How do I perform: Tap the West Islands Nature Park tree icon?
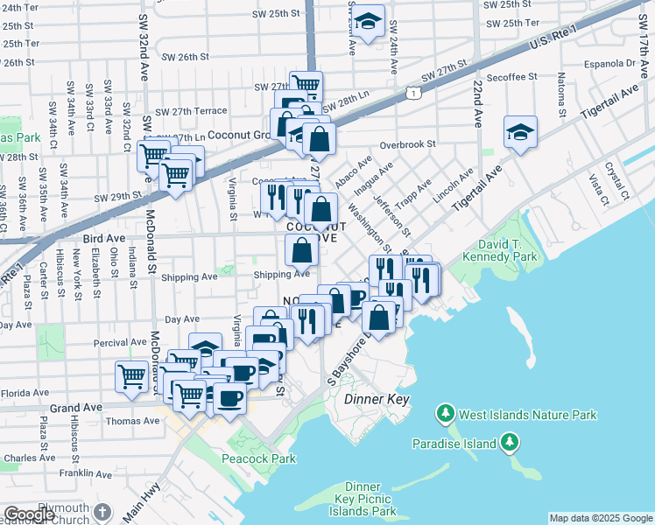(446, 413)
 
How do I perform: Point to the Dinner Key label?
(371, 398)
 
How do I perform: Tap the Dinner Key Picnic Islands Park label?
(363, 499)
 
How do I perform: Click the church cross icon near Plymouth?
(102, 511)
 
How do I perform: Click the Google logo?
(29, 514)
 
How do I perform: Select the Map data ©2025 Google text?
(601, 519)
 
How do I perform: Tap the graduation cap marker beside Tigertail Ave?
(521, 132)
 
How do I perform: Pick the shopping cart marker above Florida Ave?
(131, 376)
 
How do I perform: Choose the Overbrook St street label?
(407, 144)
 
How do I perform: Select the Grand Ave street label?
(77, 408)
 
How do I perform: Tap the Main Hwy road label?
(143, 502)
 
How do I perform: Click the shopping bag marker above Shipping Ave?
(301, 251)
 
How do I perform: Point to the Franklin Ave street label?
(88, 475)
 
